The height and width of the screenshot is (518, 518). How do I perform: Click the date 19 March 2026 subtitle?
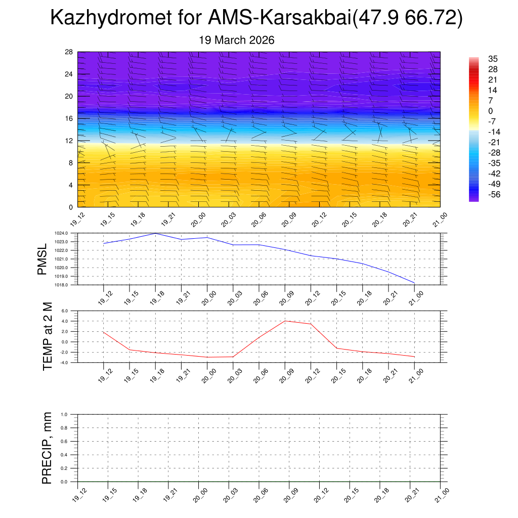237,40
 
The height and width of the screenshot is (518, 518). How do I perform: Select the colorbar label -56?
492,194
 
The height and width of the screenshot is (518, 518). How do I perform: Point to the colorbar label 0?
490,111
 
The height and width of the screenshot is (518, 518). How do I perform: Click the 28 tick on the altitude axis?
69,52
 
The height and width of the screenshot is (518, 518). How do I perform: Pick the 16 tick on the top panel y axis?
69,118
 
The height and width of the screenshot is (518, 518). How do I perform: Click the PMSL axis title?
42,259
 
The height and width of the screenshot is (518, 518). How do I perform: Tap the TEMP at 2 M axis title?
48,337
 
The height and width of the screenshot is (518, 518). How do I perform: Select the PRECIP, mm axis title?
48,448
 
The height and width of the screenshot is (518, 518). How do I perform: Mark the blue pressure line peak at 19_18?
155,233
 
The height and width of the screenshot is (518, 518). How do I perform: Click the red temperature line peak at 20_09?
285,321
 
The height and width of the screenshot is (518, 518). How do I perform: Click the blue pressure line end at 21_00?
415,282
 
